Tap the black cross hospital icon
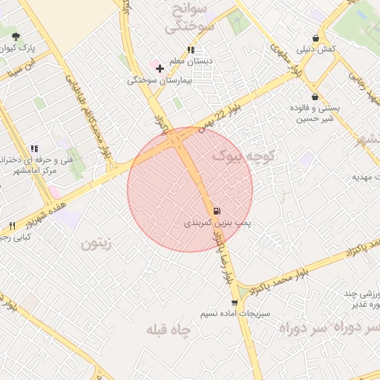(160, 68)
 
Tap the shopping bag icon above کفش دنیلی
(316, 39)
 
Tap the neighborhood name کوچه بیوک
(244, 156)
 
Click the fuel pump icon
(217, 211)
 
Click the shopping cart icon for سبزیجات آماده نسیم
(235, 302)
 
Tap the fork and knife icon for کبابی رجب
(12, 226)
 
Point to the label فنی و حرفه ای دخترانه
(30, 160)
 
